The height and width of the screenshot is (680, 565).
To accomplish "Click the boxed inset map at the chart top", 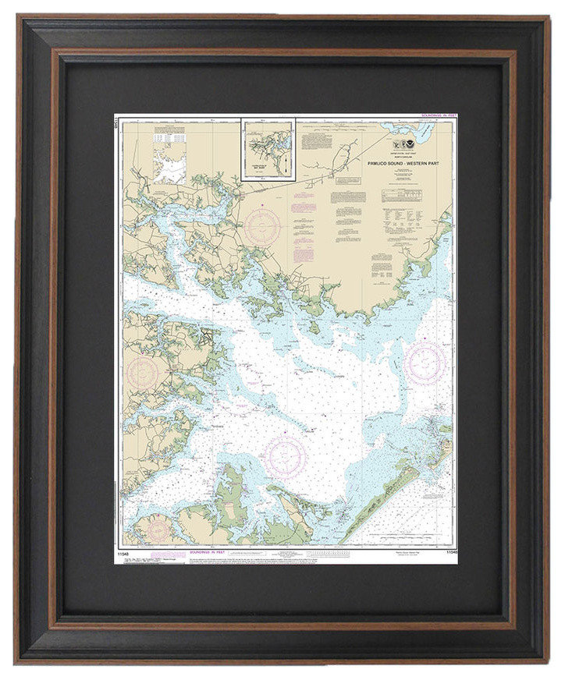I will [268, 149].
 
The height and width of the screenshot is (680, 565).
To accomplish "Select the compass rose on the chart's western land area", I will [144, 374].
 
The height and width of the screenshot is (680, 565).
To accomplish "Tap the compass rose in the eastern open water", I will [425, 363].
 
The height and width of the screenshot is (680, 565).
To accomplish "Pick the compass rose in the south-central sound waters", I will [285, 456].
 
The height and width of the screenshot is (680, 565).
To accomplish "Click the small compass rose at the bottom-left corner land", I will [158, 531].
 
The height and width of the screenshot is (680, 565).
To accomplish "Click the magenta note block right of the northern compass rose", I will [304, 207].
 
